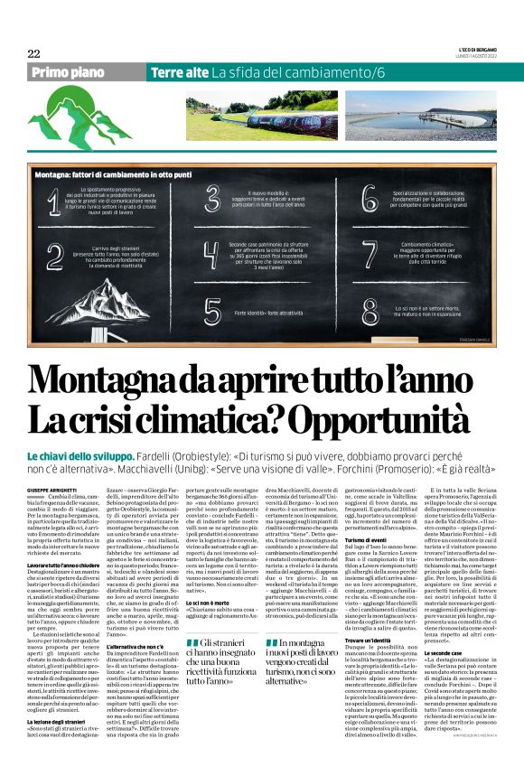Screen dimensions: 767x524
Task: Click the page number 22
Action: (x=33, y=53)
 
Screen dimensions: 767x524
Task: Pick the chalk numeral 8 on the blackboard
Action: (x=369, y=311)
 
